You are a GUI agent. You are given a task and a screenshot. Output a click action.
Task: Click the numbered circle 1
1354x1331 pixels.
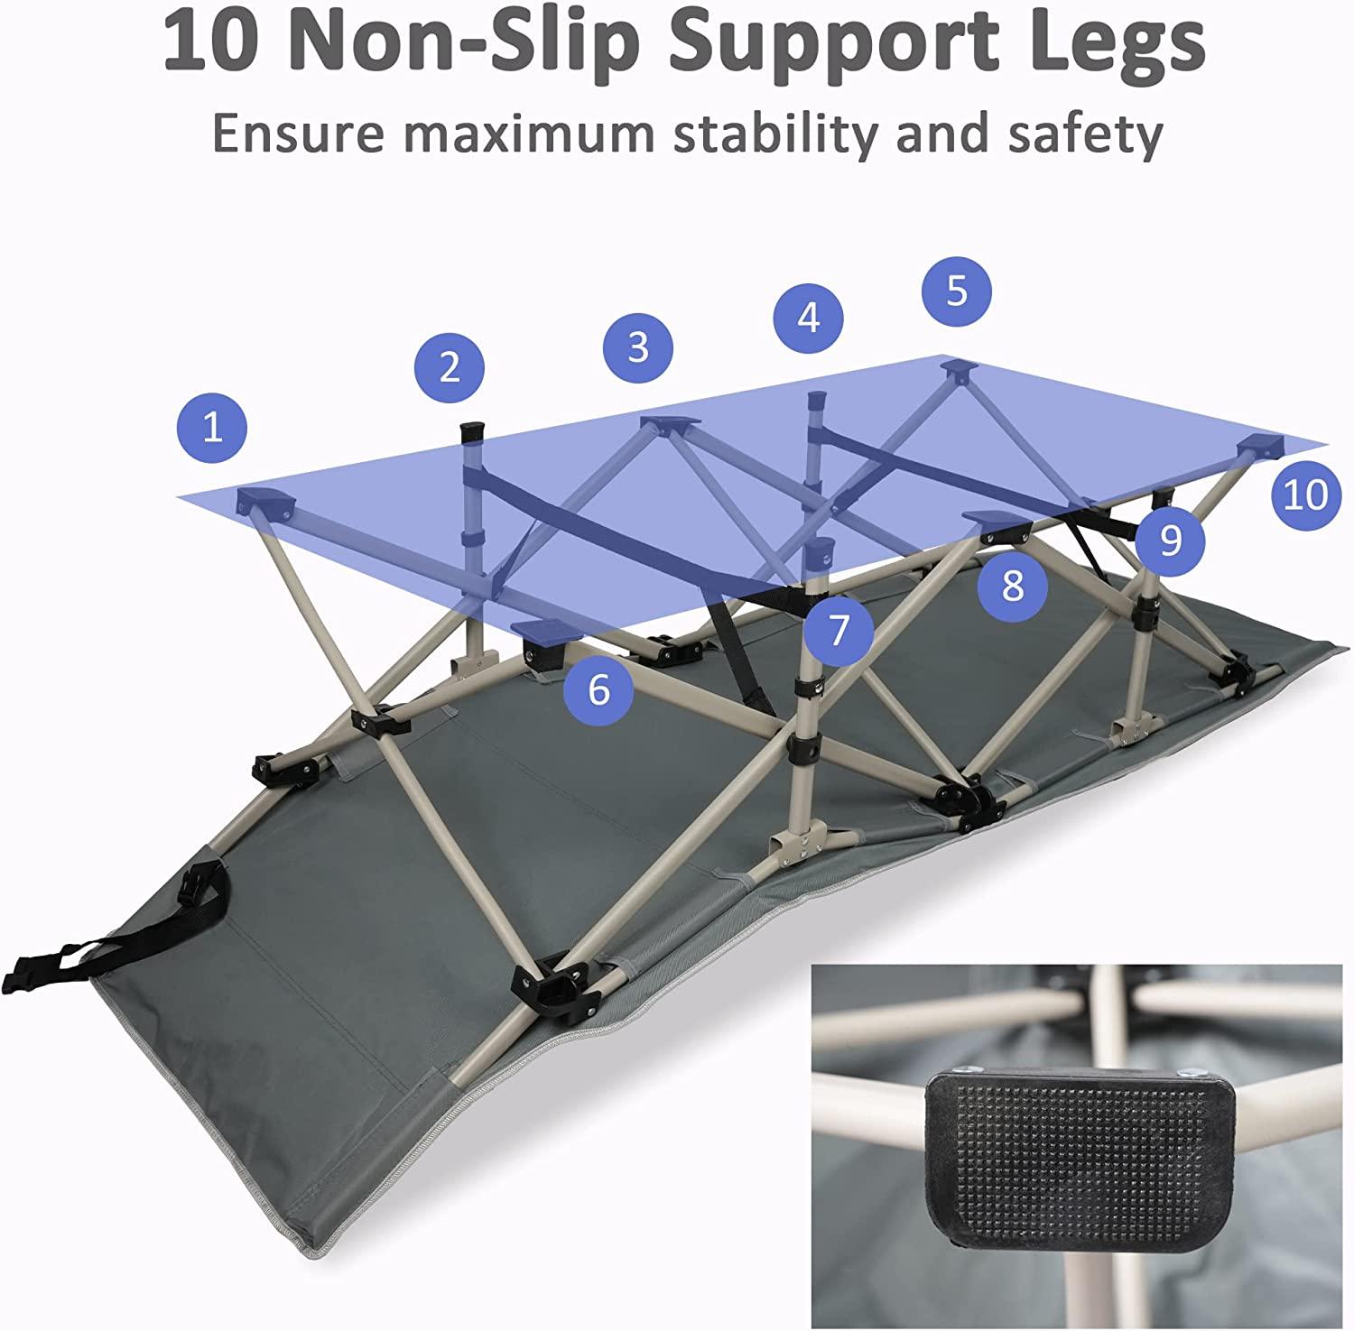(x=212, y=426)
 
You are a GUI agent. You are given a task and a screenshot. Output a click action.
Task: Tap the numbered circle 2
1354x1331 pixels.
(x=450, y=367)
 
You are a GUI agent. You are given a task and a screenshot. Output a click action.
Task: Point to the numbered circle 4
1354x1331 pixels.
(x=809, y=318)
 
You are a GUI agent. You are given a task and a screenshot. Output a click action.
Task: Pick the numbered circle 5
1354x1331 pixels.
(x=957, y=291)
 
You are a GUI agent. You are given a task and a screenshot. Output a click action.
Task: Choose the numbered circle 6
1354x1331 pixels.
(x=598, y=690)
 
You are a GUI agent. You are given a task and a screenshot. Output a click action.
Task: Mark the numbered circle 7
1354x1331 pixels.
(x=839, y=630)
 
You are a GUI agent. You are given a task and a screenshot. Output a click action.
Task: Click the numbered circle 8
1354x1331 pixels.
(x=1013, y=585)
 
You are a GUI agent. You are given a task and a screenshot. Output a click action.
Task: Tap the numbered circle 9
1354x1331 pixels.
(x=1170, y=540)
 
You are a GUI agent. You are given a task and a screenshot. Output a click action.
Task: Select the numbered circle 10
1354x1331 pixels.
(x=1305, y=495)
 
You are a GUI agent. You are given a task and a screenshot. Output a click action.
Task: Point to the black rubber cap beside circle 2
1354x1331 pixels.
(x=472, y=430)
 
